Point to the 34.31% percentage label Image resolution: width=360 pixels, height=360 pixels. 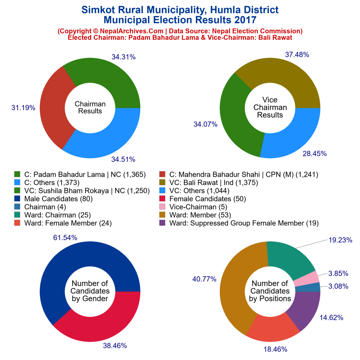point(121,57)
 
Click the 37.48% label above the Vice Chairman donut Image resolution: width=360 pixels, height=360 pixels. point(297,54)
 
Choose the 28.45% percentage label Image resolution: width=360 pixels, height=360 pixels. point(315,154)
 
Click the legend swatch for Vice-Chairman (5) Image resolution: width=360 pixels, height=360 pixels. point(162,207)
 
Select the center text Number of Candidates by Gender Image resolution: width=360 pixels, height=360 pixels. point(90,291)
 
